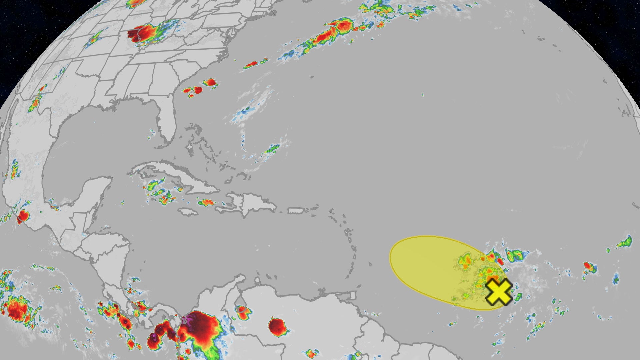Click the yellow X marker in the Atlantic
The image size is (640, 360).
(x=498, y=292)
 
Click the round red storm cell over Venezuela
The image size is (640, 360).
(x=277, y=327)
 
